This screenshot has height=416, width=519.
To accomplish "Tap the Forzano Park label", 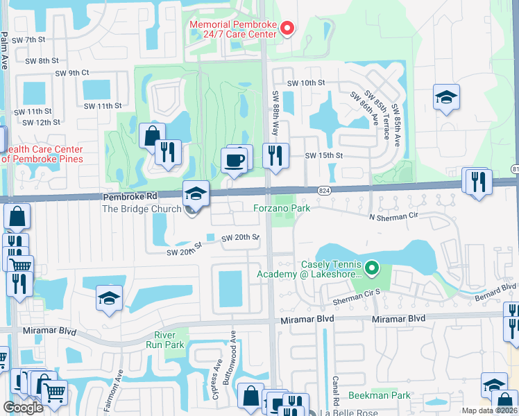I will pos(280,207).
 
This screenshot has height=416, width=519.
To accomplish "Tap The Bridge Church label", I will pos(140,209).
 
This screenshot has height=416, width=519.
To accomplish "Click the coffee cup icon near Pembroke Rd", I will pos(235,161).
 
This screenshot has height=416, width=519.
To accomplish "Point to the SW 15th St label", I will pos(324,156).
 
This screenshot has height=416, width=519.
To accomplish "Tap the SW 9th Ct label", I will pos(72,73).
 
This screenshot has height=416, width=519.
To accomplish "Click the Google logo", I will pos(23,408).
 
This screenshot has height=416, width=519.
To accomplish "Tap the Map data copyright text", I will pos(490,410).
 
